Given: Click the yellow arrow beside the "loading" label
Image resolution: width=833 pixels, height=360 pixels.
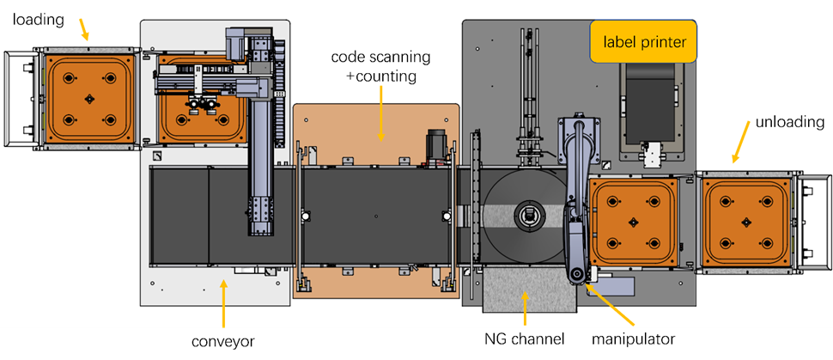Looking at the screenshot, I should click(x=83, y=31).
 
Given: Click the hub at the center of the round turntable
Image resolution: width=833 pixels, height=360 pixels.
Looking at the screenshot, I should click(x=530, y=212).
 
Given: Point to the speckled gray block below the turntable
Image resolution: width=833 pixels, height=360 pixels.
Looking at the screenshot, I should click(x=528, y=290).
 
